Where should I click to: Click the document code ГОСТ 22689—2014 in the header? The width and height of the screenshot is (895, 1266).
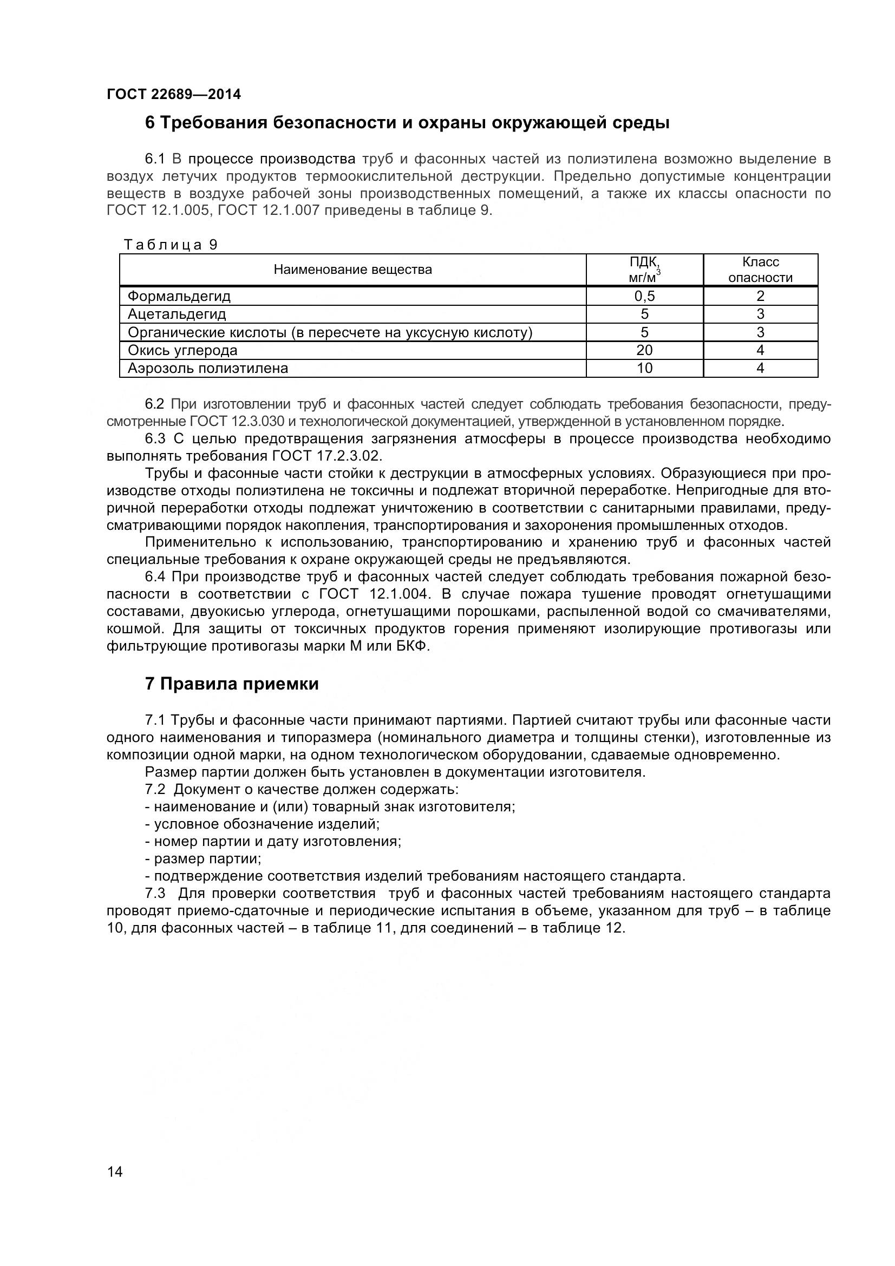[x=174, y=94]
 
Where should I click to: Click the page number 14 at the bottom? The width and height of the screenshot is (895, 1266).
[x=115, y=1187]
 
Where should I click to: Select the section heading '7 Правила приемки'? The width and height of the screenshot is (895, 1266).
[x=232, y=684]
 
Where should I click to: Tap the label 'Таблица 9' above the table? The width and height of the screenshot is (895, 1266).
[x=171, y=245]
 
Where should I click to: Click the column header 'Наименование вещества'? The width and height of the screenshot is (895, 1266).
[x=353, y=270]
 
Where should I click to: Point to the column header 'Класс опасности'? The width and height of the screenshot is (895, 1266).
[x=760, y=270]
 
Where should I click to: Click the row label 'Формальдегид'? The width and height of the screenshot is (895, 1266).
[x=179, y=296]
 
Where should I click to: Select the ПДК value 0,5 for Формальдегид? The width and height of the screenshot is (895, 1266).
[x=644, y=296]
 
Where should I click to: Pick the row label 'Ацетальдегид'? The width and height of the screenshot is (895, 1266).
[x=177, y=314]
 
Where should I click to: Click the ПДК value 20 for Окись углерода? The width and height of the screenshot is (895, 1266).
[x=644, y=350]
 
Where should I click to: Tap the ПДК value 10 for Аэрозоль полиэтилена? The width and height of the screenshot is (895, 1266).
[x=644, y=369]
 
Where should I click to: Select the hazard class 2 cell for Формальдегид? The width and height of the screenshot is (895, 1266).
[x=760, y=296]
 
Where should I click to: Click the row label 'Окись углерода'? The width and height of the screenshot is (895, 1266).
[x=182, y=350]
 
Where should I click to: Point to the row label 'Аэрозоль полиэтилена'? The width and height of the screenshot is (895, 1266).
[x=208, y=369]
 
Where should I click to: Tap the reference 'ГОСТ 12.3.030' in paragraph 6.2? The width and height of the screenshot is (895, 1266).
[x=237, y=422]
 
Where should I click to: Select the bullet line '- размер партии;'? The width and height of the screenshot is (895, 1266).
[x=203, y=859]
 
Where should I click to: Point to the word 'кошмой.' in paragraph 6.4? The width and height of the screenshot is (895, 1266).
[x=135, y=628]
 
